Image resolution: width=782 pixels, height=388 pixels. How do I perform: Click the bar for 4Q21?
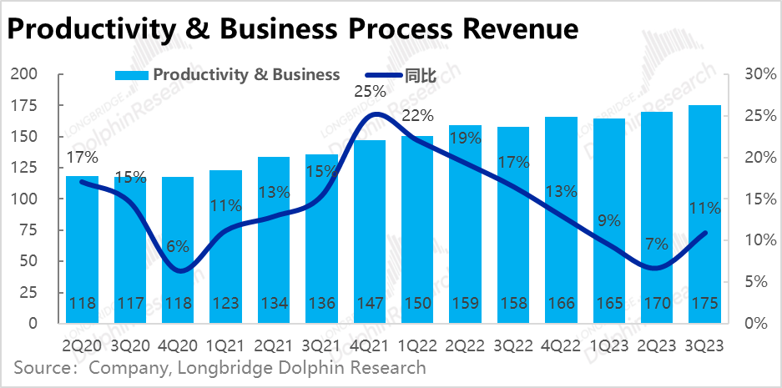point(369,225)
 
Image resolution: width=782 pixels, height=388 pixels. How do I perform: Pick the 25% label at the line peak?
point(370,91)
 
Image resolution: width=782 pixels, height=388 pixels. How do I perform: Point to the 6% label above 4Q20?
point(178,247)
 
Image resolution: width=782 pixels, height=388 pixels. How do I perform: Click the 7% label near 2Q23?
point(656,244)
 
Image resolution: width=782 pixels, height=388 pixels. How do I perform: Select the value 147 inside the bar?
point(369,303)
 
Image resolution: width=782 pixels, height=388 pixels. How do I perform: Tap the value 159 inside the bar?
point(465,303)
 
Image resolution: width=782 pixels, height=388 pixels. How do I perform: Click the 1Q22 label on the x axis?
point(417,344)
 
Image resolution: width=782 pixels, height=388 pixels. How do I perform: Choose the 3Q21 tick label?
point(321,344)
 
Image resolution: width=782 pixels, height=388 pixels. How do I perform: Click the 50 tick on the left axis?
point(32,262)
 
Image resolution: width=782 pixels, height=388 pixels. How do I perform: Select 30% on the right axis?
point(752,74)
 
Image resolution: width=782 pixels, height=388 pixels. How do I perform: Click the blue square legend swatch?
point(132,74)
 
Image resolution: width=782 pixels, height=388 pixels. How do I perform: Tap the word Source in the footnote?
point(41,368)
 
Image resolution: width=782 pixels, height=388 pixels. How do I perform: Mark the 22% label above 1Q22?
point(417,116)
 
